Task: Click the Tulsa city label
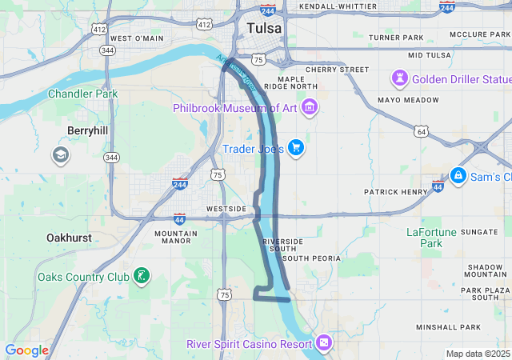tap(265, 29)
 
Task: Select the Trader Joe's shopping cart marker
tap(296, 147)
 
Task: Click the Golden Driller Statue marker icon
tap(398, 79)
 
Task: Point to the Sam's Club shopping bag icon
tap(458, 176)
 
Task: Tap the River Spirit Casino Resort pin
tap(324, 343)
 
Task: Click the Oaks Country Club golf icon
tap(142, 277)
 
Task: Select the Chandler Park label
tap(83, 94)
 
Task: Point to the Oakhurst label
tap(69, 238)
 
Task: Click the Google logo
tap(26, 350)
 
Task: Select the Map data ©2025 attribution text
tap(478, 354)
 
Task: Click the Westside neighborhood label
tap(226, 209)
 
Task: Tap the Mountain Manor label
tap(172, 236)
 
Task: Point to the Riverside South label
tap(283, 246)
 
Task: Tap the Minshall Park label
tap(448, 327)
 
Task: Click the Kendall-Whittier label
tap(337, 6)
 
